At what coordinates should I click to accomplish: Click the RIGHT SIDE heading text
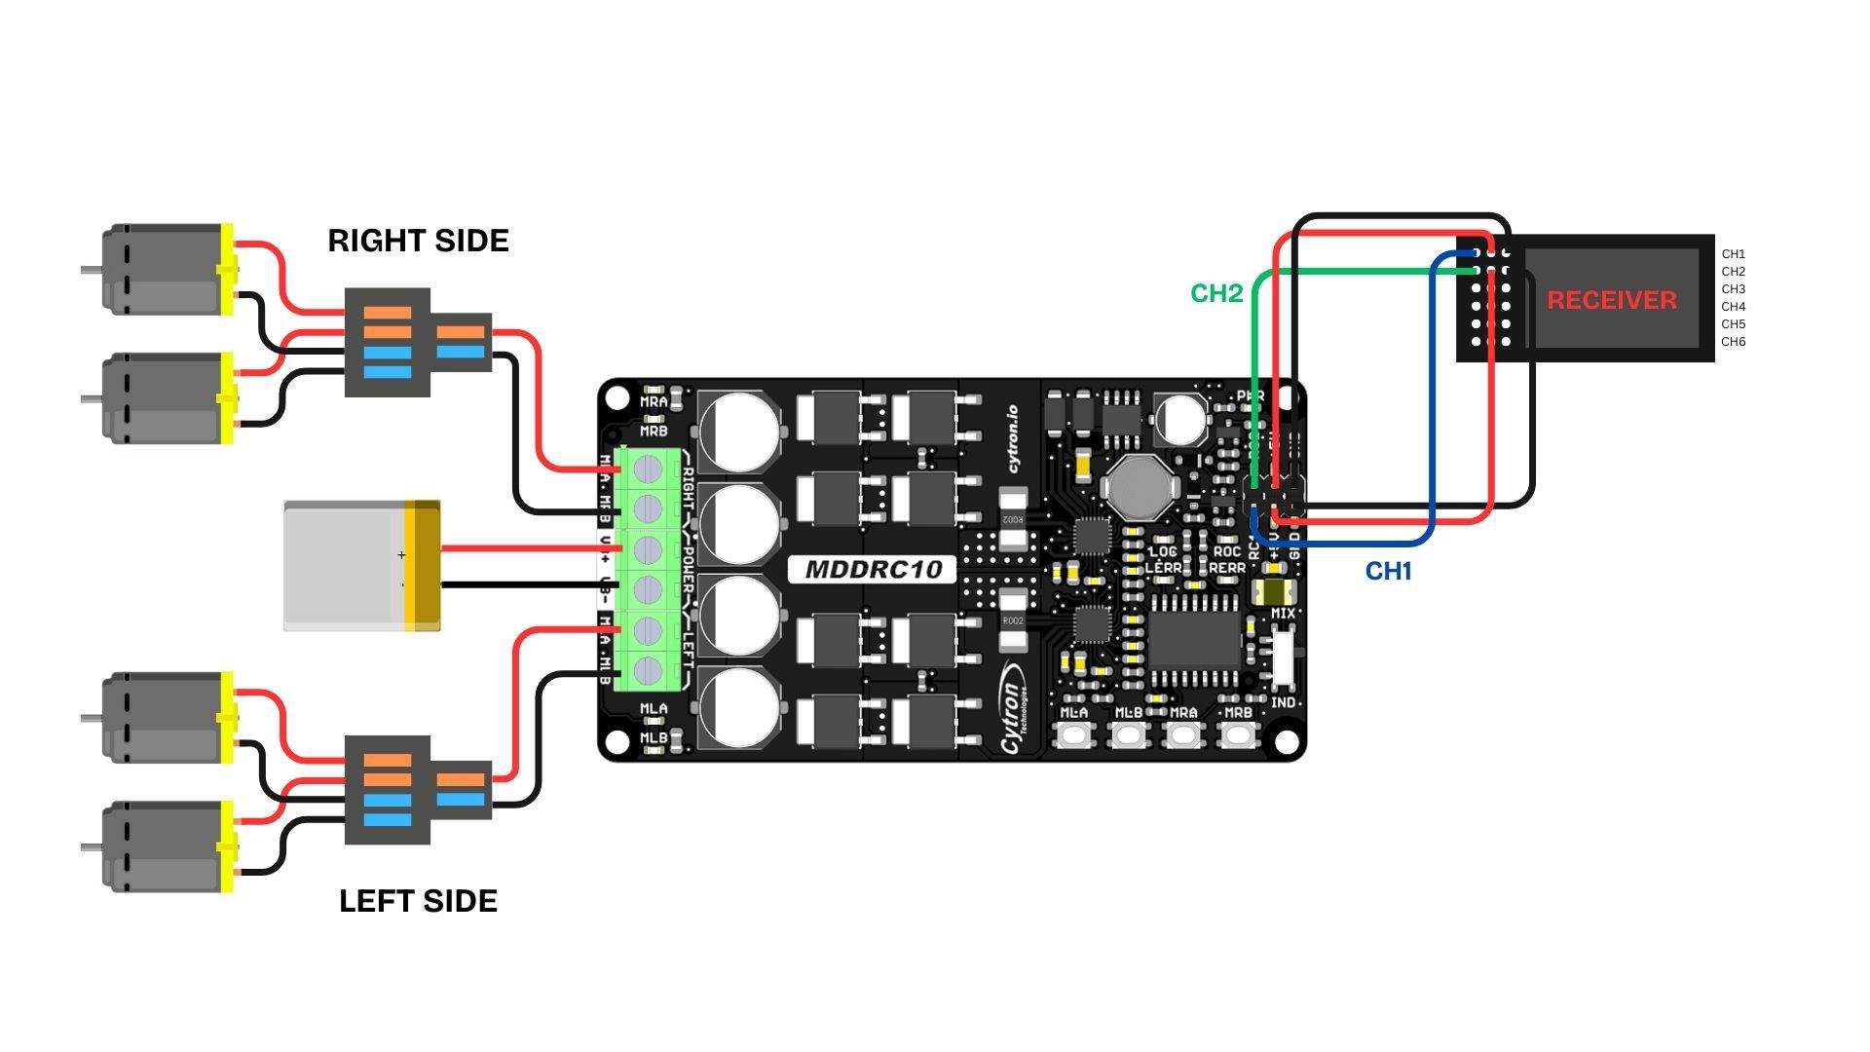click(x=418, y=241)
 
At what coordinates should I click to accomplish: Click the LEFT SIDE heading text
click(x=418, y=901)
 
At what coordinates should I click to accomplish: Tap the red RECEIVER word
click(x=1612, y=300)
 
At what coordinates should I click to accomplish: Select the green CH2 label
click(x=1216, y=293)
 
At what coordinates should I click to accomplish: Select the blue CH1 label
click(x=1388, y=571)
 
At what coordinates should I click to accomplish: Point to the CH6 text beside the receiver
click(x=1733, y=342)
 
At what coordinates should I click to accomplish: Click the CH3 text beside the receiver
click(x=1733, y=289)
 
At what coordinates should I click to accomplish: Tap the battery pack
click(x=361, y=566)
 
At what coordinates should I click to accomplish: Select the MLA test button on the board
click(x=1074, y=735)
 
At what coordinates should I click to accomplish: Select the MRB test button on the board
click(x=1238, y=735)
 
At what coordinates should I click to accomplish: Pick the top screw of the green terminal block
click(x=648, y=470)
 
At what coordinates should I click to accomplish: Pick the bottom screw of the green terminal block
click(x=648, y=670)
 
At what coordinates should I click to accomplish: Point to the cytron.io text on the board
click(x=1012, y=438)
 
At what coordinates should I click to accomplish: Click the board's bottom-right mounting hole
click(x=1286, y=742)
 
